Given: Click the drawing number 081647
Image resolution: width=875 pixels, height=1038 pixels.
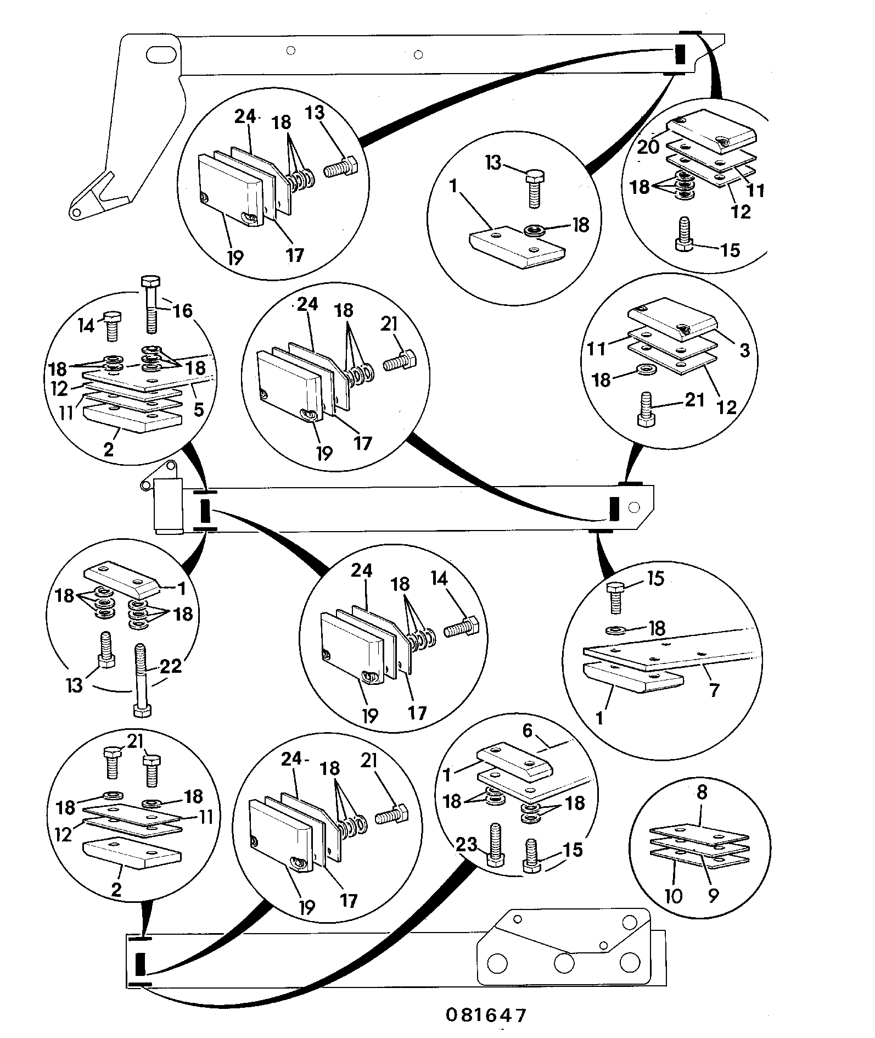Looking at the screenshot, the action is [x=486, y=1014].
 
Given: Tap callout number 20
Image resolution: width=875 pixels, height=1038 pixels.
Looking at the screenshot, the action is [x=648, y=147].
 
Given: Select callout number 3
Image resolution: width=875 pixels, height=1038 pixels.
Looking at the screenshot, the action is [x=745, y=350].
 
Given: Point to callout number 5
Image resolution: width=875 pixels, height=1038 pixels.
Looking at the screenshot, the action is [x=199, y=409].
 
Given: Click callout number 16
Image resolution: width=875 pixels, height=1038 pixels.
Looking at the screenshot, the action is [x=183, y=311].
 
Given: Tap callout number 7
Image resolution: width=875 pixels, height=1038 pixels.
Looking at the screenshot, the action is [x=714, y=690].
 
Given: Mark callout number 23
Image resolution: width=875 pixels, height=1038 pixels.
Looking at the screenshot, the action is [x=467, y=844].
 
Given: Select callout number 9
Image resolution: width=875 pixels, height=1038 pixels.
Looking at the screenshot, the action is [x=713, y=896].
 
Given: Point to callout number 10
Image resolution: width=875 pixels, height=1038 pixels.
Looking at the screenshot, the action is [x=673, y=896].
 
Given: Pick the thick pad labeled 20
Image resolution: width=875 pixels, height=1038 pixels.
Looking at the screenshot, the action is [x=713, y=134].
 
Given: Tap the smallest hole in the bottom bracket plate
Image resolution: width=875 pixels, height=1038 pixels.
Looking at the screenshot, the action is [x=603, y=945].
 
